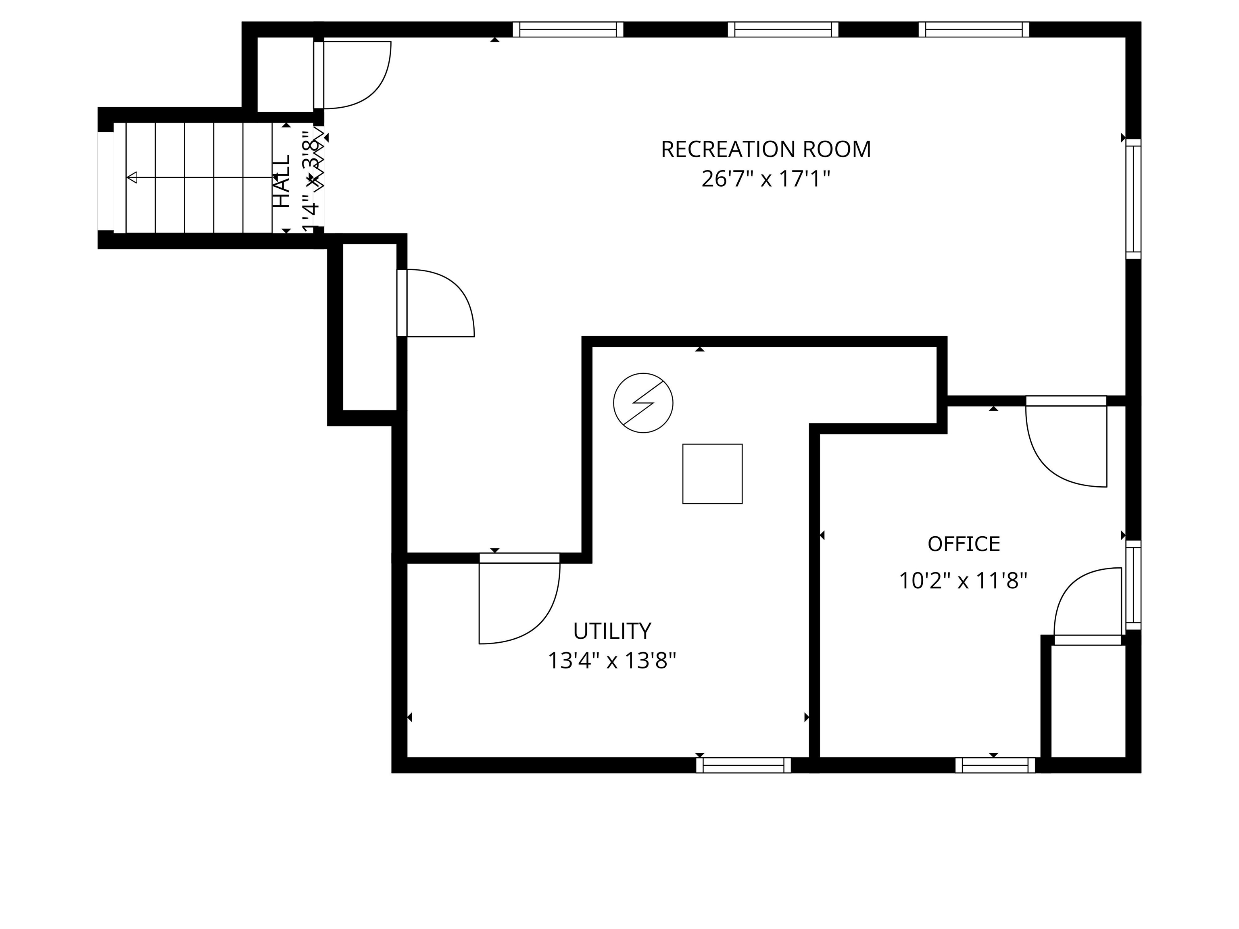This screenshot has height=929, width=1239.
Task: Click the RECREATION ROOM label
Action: coord(766,150)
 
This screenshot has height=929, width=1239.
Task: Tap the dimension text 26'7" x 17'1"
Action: coord(766,180)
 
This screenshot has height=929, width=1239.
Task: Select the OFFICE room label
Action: coord(964,544)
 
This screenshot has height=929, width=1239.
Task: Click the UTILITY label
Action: coord(612,631)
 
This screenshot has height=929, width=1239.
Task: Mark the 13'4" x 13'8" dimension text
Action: coord(612,661)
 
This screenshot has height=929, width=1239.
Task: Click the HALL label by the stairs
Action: coord(282,181)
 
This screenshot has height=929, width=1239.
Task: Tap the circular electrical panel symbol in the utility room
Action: coord(643,403)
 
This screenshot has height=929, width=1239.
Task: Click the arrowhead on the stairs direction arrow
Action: coord(132,177)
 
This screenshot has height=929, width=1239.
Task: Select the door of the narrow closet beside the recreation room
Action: coord(437,303)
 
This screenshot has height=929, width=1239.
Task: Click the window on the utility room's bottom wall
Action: coord(743,765)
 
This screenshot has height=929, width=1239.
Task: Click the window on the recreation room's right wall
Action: coord(1133,199)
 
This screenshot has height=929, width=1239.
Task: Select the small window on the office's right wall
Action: coord(1133,585)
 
